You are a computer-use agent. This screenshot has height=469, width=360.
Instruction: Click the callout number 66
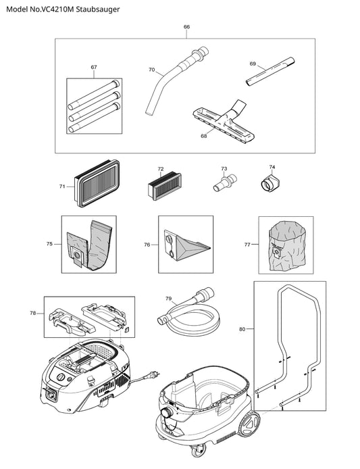point(186,27)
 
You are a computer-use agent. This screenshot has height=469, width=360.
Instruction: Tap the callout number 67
point(94,67)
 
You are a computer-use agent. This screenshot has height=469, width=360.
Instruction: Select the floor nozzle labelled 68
point(224,122)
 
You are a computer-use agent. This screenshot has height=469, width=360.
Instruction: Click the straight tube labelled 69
point(270,72)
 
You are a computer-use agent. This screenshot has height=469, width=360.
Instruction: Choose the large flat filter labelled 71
point(97,183)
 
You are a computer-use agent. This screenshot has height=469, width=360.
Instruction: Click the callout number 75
point(49,244)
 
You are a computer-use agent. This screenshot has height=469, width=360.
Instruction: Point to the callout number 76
point(147,245)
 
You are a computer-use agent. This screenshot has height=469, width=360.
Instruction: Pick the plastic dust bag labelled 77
point(286,246)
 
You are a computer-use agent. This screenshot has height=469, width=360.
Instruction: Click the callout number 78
point(33,313)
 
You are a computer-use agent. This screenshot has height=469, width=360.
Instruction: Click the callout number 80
point(242,329)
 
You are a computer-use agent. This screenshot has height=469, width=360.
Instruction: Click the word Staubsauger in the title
point(98,9)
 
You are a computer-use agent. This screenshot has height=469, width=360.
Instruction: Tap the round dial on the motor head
point(61,378)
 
